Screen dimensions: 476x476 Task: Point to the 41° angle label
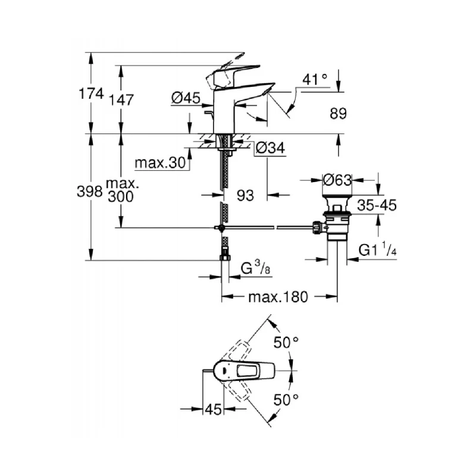pyautogui.click(x=315, y=79)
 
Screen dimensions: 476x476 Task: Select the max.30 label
pyautogui.click(x=160, y=162)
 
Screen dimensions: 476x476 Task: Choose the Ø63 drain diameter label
pyautogui.click(x=337, y=178)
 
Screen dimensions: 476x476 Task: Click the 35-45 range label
pyautogui.click(x=377, y=205)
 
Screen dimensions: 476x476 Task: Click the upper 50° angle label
pyautogui.click(x=286, y=343)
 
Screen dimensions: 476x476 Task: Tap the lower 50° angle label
pyautogui.click(x=286, y=399)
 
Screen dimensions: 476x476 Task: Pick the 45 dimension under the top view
pyautogui.click(x=213, y=409)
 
